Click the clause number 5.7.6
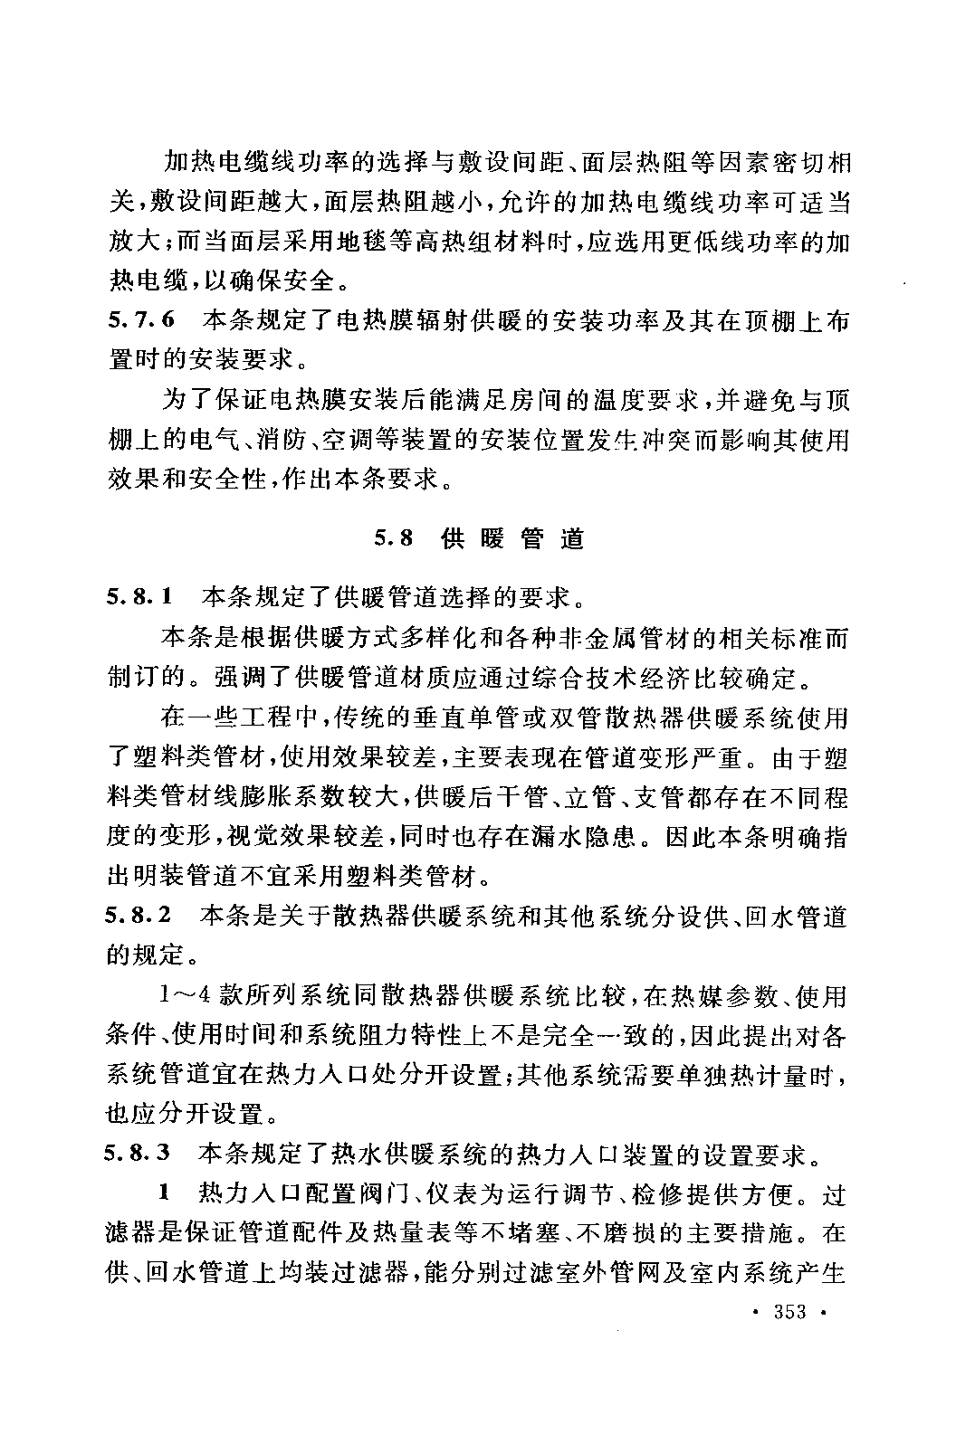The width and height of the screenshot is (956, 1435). (x=139, y=319)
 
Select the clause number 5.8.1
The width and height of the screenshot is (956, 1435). (x=139, y=597)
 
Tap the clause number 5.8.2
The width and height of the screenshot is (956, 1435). (x=139, y=917)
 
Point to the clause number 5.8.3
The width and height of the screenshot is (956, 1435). (x=139, y=1155)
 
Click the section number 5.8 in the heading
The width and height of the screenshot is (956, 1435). (x=394, y=539)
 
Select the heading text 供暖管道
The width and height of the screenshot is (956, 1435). (x=513, y=539)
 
